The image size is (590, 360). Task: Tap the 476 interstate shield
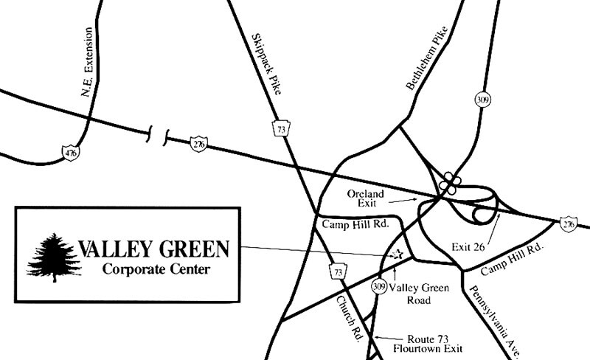[x=71, y=153]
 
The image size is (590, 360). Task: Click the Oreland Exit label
[x=366, y=198]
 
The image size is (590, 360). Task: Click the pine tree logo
[x=53, y=256]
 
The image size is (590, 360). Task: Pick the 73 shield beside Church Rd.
[x=338, y=272]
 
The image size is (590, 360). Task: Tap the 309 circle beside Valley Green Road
[x=379, y=286]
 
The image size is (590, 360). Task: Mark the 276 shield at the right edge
[x=567, y=223]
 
